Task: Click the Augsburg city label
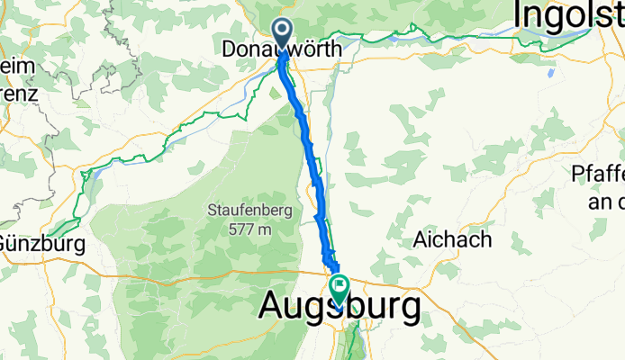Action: click(339, 309)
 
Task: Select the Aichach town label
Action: click(452, 240)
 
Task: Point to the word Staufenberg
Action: click(240, 212)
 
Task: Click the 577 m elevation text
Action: click(240, 229)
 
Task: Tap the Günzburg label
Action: click(41, 244)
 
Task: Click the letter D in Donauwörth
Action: click(229, 50)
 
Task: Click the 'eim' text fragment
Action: click(17, 67)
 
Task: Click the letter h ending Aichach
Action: click(485, 240)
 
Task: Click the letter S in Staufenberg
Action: click(212, 212)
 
